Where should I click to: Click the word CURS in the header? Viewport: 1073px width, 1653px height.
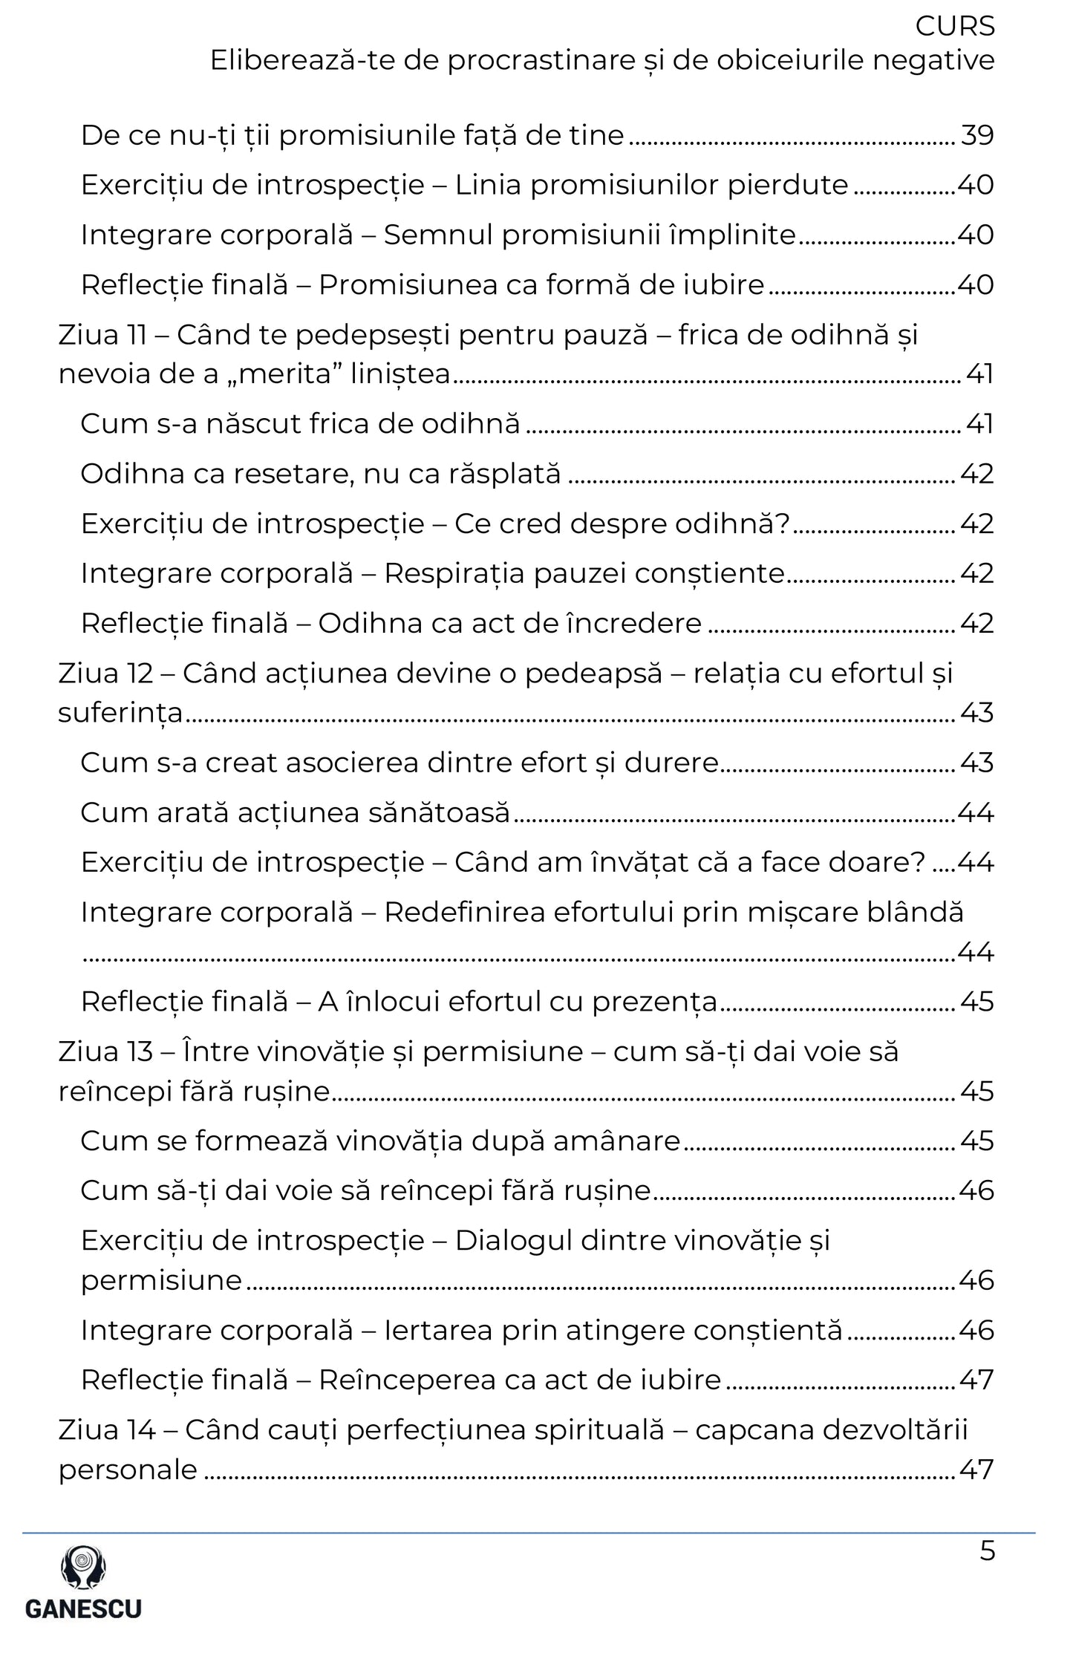pos(954,27)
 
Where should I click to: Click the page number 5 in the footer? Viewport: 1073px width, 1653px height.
pos(987,1551)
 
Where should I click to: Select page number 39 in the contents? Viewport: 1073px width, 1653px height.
pos(976,135)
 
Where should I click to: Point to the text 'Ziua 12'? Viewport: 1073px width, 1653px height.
pos(105,674)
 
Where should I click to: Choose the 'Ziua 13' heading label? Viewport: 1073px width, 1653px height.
pos(105,1052)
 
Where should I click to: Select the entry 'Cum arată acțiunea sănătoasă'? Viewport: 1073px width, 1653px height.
pos(295,812)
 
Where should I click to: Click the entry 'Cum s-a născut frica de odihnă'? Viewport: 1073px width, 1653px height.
pos(300,423)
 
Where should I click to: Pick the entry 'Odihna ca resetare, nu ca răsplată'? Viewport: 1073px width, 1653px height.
pos(320,473)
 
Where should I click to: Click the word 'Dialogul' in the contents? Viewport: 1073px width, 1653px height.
pos(512,1240)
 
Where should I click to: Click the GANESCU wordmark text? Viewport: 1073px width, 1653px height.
pos(83,1608)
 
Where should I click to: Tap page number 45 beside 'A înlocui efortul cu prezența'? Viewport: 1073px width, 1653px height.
pos(976,1002)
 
